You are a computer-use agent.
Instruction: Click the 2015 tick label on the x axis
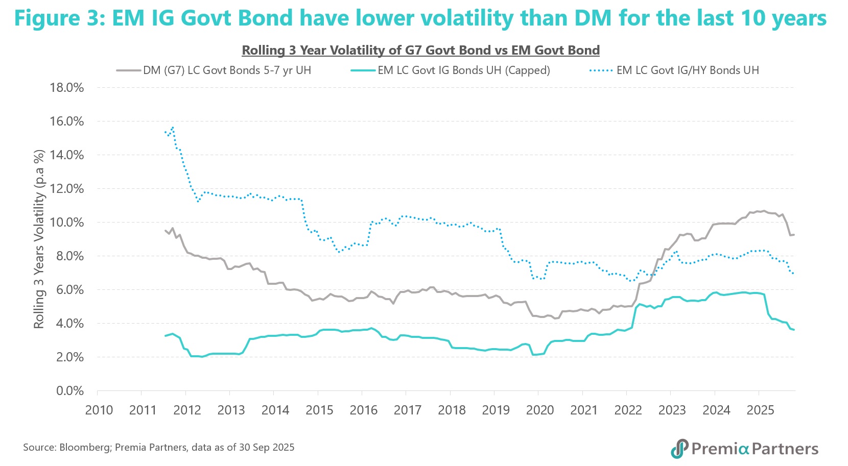(319, 410)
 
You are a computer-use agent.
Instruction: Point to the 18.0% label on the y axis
(67, 87)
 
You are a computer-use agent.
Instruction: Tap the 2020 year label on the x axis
(540, 410)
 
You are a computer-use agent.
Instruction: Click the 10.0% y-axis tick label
(67, 222)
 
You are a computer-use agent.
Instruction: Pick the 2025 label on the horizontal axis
(760, 410)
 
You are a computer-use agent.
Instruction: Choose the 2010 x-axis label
(99, 410)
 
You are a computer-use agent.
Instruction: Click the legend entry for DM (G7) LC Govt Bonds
(227, 70)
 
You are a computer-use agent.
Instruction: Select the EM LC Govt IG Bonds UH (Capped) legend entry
(463, 70)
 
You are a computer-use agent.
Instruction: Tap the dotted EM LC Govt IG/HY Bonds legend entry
(687, 70)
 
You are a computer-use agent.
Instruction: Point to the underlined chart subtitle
(420, 50)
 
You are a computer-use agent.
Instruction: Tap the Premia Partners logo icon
(679, 449)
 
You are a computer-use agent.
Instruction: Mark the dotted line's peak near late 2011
(173, 127)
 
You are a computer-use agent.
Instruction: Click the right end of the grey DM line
(794, 234)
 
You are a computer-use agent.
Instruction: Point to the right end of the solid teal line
(794, 330)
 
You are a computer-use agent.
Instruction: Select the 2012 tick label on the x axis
(187, 410)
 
